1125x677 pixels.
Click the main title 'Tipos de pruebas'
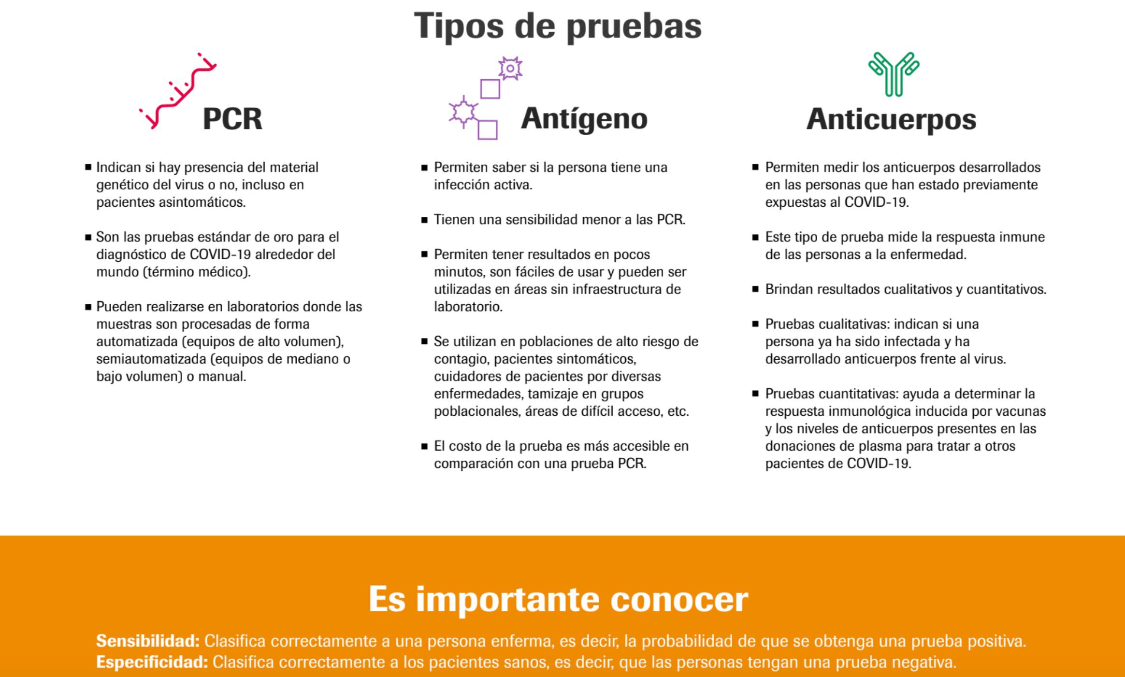pos(558,26)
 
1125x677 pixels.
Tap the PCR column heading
pos(232,119)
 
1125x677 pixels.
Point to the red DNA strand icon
pos(178,91)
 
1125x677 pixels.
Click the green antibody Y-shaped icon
pos(894,74)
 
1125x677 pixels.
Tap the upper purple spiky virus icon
pos(510,69)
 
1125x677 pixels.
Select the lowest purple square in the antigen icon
pos(488,130)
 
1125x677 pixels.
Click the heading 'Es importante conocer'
pos(558,599)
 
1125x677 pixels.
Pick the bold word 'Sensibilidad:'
pos(148,641)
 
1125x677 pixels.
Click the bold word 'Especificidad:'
pos(152,662)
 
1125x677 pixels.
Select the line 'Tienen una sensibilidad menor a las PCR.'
pos(560,220)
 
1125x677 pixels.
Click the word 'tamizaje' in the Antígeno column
pos(553,394)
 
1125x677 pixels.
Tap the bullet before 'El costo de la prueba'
pos(424,447)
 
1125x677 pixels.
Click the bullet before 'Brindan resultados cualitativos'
pos(756,290)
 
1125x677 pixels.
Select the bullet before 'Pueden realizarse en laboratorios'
pos(88,307)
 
